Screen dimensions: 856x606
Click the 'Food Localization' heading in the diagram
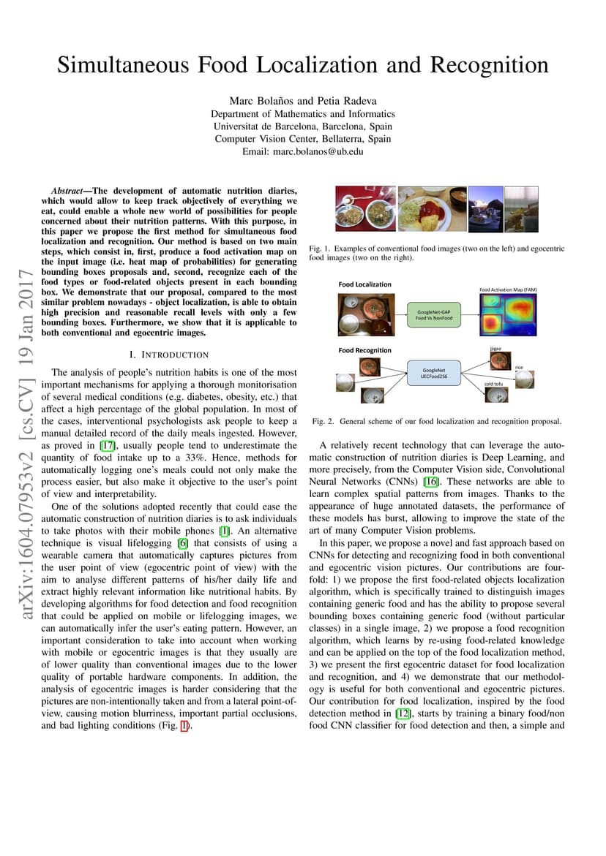click(x=364, y=284)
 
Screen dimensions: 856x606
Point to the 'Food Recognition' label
click(x=364, y=350)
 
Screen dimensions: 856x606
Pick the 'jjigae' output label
click(x=495, y=349)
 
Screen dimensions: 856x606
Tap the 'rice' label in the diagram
click(x=519, y=368)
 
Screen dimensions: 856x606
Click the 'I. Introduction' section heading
click(x=169, y=355)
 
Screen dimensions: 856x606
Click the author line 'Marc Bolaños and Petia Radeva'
click(x=303, y=101)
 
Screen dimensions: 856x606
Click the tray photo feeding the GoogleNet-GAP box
click(x=366, y=315)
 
